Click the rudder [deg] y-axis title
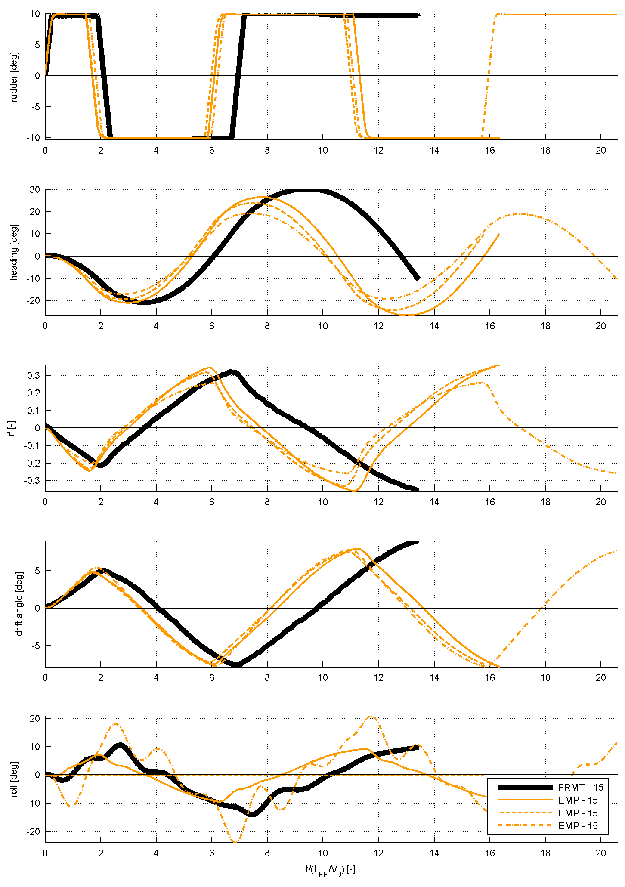14,77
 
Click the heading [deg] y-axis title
14,252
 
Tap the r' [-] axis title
14,427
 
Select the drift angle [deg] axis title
19,603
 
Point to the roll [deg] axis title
14,779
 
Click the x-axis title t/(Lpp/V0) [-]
330,870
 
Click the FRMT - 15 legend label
581,787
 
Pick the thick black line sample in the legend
525,787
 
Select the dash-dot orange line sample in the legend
525,826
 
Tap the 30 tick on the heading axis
35,190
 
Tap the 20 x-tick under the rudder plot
600,150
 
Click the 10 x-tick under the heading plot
323,326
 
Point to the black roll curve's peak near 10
120,745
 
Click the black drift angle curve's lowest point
238,664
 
